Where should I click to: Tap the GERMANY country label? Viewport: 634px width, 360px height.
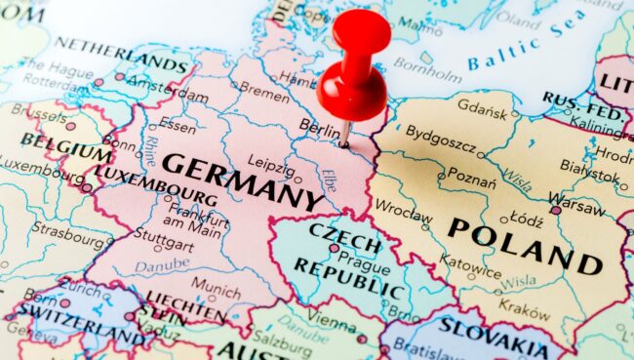241,181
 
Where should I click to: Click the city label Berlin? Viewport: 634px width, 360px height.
319,127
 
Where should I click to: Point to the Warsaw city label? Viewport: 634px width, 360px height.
576,207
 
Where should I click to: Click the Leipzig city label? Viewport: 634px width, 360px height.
270,161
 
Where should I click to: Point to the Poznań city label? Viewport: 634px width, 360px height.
471,179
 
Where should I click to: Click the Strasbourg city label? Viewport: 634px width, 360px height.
67,233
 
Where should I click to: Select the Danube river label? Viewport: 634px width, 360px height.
162,264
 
